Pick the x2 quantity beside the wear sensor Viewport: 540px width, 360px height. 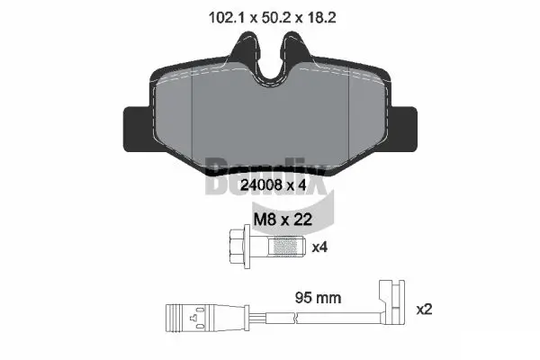tap(425, 309)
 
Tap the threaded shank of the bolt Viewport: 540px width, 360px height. tap(288, 246)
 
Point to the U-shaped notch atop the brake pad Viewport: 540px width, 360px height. tap(269, 58)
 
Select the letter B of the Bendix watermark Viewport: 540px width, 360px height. tap(219, 176)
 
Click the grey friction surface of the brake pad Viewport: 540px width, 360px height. tap(269, 117)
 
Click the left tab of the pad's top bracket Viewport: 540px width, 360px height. tap(241, 49)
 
